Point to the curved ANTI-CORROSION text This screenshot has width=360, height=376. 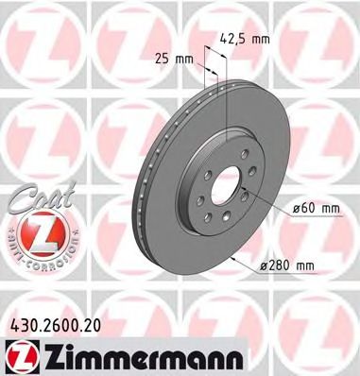34,248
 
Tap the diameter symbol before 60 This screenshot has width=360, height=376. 292,206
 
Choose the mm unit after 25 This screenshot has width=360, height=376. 185,58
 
